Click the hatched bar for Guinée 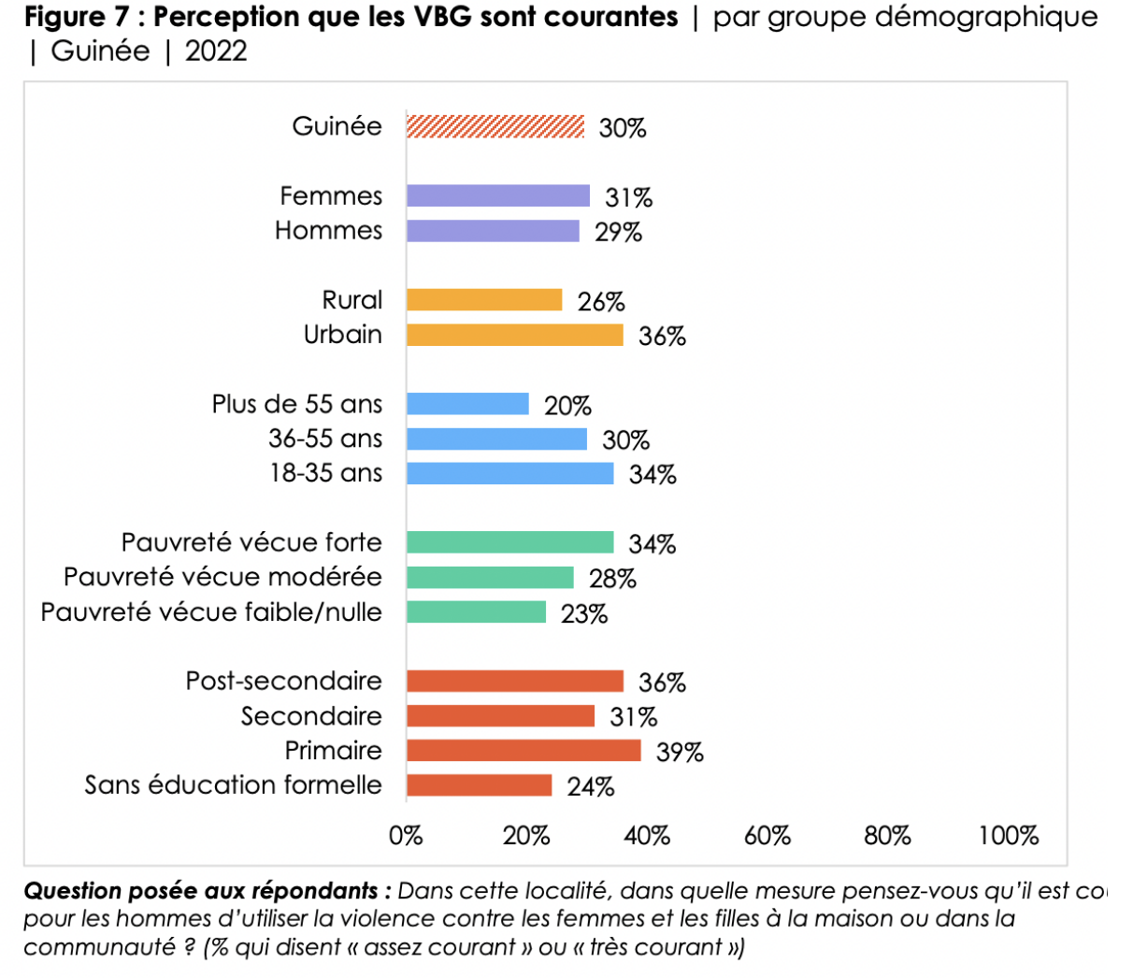click(x=495, y=126)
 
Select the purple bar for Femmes click(x=498, y=195)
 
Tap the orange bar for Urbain click(x=514, y=335)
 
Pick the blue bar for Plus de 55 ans click(x=467, y=404)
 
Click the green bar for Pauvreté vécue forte click(x=509, y=542)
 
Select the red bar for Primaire click(x=523, y=751)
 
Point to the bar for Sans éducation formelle click(x=479, y=785)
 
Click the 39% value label click(x=680, y=753)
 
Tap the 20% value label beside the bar click(x=567, y=407)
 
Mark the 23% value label click(x=584, y=614)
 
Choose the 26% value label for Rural click(x=601, y=302)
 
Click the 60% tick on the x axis click(x=767, y=836)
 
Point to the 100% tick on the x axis click(x=1008, y=836)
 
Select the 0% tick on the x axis click(x=406, y=836)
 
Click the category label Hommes click(x=328, y=231)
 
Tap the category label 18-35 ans click(x=325, y=473)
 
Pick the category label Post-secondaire click(x=283, y=681)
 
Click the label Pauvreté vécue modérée click(x=222, y=577)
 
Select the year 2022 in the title click(x=216, y=51)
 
